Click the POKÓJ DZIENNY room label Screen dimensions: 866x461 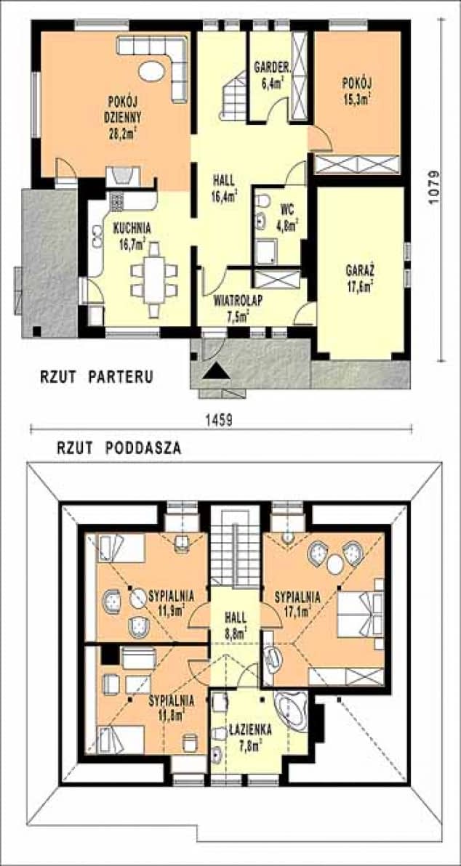coord(122,116)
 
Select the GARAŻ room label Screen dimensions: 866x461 coord(359,279)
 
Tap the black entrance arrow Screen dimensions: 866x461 coord(217,372)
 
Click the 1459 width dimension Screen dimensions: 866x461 coord(217,420)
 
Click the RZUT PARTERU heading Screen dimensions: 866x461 coord(96,377)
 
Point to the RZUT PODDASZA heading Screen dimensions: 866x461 coord(119,448)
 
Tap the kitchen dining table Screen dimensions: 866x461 coord(153,280)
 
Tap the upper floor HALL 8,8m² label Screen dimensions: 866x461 coord(236,623)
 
